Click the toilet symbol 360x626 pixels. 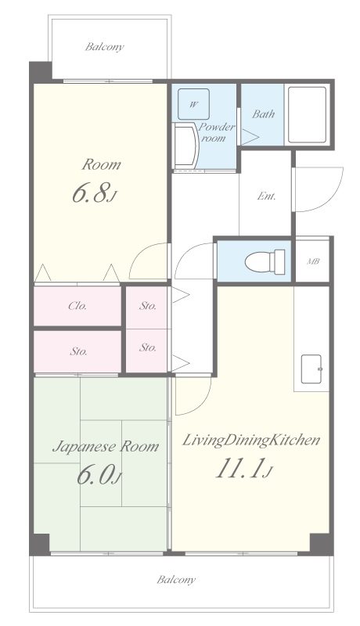point(265,262)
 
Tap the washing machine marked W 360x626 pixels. point(193,104)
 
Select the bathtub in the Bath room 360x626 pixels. point(307,114)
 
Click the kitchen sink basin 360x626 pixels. point(311,369)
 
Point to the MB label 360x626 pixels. point(312,262)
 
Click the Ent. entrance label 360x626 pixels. point(266,196)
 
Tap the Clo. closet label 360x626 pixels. point(77,306)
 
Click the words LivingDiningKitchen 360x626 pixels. point(251,441)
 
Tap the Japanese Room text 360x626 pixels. point(106,446)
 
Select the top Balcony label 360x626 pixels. point(105,47)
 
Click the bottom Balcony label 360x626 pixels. point(176,579)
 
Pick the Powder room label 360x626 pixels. point(216,132)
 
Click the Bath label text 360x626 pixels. point(264,114)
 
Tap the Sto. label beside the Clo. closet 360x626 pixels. point(148,306)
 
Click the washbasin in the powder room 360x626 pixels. point(186,146)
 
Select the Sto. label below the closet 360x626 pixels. point(78,351)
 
